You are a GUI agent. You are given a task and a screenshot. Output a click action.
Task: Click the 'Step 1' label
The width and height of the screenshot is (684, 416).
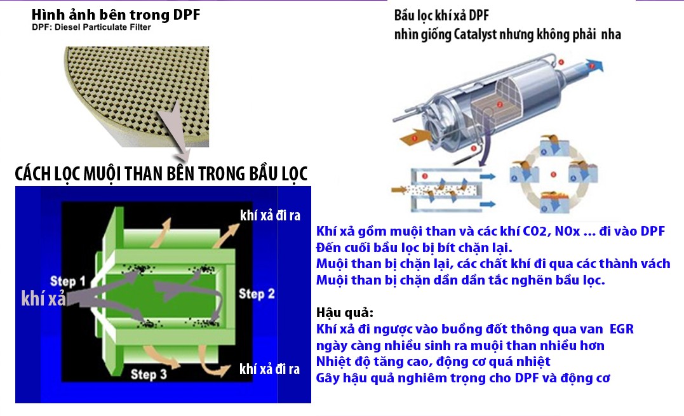click(67, 281)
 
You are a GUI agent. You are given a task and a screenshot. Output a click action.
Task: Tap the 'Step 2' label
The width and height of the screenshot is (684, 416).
click(257, 294)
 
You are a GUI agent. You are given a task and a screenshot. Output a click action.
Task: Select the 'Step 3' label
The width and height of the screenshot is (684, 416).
click(149, 374)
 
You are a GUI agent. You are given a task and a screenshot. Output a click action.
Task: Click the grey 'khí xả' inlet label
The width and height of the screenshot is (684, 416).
click(44, 299)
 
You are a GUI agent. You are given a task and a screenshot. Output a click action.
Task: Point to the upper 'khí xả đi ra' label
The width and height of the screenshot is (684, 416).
click(270, 215)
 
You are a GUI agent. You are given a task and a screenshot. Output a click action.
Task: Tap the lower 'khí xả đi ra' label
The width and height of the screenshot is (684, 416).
click(269, 369)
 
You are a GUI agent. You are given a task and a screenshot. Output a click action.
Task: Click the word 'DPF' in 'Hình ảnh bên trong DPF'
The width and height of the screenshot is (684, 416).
click(187, 15)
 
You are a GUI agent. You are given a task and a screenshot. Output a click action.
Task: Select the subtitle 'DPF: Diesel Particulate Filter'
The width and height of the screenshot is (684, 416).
click(91, 27)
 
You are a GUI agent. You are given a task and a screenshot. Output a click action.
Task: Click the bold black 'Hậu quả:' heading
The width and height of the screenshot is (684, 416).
click(345, 312)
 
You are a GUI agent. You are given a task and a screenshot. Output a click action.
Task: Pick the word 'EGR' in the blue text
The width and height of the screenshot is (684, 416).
click(621, 329)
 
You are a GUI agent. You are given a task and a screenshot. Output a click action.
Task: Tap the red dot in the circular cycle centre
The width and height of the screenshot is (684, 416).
click(553, 175)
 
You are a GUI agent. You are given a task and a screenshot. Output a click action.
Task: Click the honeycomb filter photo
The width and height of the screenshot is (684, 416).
click(137, 97)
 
